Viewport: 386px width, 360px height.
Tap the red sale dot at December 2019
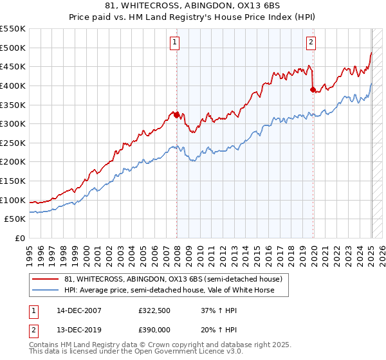click(313, 90)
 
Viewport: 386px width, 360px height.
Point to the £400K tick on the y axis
click(13, 85)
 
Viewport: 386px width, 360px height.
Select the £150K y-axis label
click(13, 181)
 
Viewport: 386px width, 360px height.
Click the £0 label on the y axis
click(19, 238)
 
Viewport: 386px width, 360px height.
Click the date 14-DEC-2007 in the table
click(79, 310)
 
